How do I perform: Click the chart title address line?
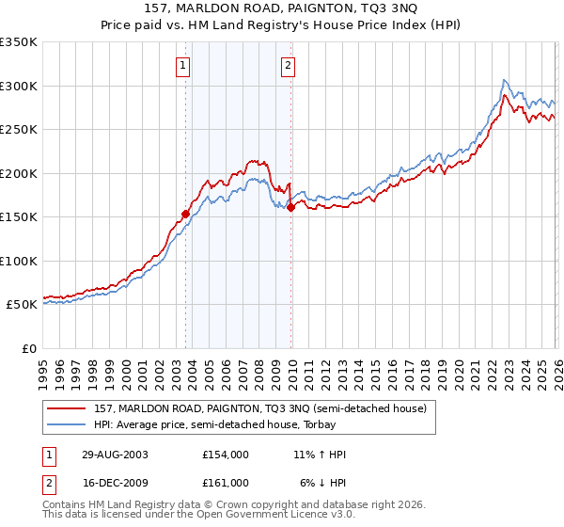[x=282, y=8]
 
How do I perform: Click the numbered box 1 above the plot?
[x=182, y=65]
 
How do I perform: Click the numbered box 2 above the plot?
[x=288, y=65]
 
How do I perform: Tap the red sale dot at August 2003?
[x=186, y=214]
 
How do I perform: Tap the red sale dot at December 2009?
[x=290, y=208]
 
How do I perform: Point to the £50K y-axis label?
[x=21, y=305]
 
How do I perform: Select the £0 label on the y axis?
[x=29, y=348]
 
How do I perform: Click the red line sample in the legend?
[x=67, y=408]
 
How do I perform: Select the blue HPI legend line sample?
[x=67, y=424]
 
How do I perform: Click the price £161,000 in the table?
[x=225, y=482]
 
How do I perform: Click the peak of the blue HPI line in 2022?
[x=505, y=80]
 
